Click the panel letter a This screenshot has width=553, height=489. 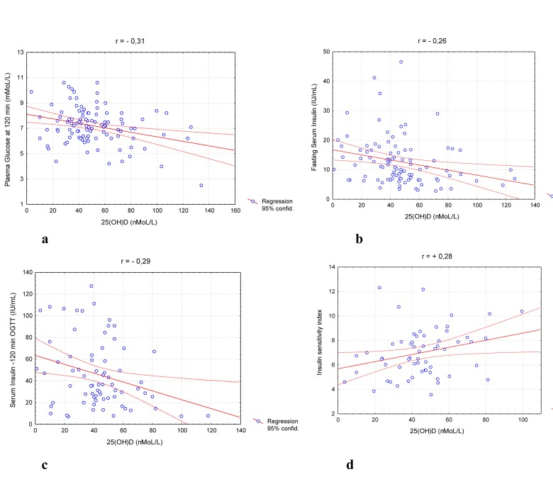45,240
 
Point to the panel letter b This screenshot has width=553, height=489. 359,240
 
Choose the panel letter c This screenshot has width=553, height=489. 45,465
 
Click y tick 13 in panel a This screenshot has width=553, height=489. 20,53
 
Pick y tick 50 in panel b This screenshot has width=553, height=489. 325,52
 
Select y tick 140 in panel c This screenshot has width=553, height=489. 26,272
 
